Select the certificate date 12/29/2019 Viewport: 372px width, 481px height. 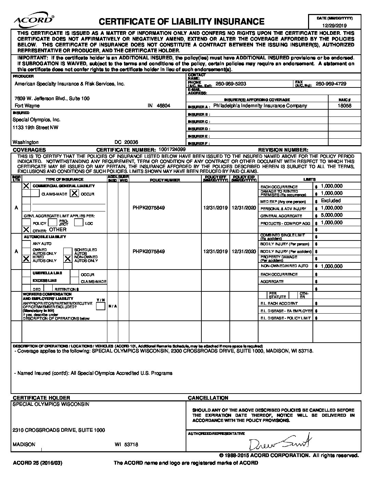pyautogui.click(x=335, y=26)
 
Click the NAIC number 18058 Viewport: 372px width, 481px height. pyautogui.click(x=344, y=106)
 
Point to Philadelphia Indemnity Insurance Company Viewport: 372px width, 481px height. pyautogui.click(x=260, y=106)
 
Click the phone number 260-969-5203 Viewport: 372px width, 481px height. pyautogui.click(x=230, y=84)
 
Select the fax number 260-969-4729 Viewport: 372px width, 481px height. pyautogui.click(x=331, y=84)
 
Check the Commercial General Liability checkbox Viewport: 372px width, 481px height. pyautogui.click(x=26, y=186)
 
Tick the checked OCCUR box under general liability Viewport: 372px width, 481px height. pyautogui.click(x=74, y=193)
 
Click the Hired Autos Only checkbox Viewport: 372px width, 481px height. pyautogui.click(x=26, y=259)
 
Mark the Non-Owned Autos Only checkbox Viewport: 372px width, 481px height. pyautogui.click(x=68, y=259)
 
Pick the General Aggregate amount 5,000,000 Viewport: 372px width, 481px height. pyautogui.click(x=332, y=215)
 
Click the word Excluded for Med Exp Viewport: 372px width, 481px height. pyautogui.click(x=331, y=201)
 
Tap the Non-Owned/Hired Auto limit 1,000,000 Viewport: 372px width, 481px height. pyautogui.click(x=332, y=266)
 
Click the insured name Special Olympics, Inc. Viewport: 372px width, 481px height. pyautogui.click(x=36, y=120)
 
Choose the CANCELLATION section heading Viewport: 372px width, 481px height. pyautogui.click(x=208, y=398)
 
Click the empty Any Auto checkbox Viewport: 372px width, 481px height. pyautogui.click(x=26, y=244)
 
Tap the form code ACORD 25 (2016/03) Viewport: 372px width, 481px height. pyautogui.click(x=38, y=463)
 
